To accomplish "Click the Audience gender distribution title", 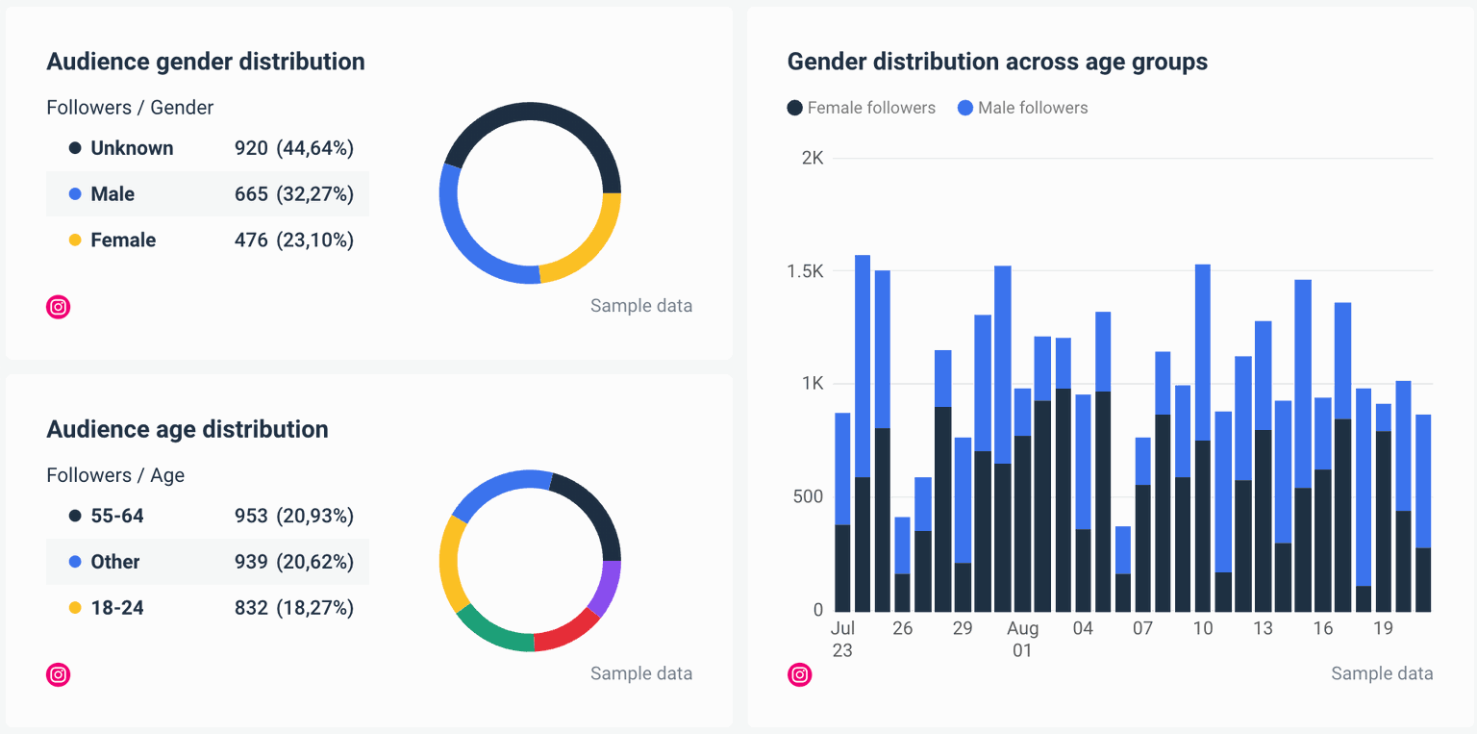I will [206, 62].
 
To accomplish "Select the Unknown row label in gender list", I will [132, 148].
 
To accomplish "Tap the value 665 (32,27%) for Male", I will [294, 194].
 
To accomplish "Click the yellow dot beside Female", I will [75, 240].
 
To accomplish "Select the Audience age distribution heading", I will [188, 429].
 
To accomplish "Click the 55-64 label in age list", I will [117, 517].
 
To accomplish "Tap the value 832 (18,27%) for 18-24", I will [294, 608].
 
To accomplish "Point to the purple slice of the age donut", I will [606, 587].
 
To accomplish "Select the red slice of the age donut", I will [567, 630].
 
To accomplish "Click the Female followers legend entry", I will [861, 108].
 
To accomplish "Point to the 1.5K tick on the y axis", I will [805, 271].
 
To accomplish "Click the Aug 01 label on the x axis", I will [1022, 639].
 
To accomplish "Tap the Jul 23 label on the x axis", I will [842, 639].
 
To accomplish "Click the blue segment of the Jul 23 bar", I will [842, 468].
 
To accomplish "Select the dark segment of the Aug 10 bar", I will [1202, 525].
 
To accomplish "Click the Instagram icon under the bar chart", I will [799, 674].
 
